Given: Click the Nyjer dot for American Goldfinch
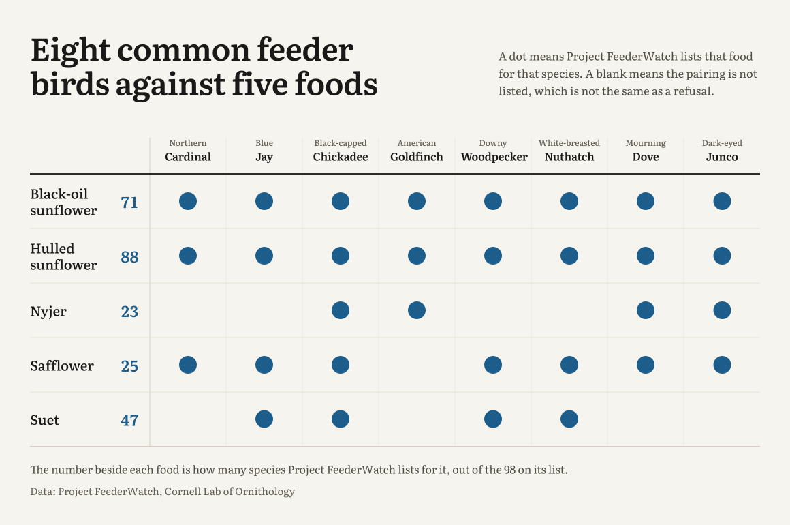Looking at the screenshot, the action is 417,310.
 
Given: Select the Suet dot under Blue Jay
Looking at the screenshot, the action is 264,419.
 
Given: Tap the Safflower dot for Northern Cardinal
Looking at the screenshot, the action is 188,365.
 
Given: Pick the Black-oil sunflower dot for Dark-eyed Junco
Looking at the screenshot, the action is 722,201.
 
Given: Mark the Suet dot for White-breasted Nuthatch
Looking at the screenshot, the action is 569,419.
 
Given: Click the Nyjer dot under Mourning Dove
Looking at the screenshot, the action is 646,310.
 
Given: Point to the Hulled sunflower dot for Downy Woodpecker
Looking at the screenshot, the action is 493,256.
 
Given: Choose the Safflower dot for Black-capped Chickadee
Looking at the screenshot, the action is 341,365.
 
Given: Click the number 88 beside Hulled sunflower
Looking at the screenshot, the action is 129,257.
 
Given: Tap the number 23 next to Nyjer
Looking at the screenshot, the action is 129,312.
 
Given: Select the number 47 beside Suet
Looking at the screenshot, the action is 129,421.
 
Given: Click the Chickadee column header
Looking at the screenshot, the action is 341,157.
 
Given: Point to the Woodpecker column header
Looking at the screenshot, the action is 494,157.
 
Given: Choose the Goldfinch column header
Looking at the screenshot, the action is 417,157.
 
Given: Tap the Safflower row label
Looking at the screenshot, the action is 62,365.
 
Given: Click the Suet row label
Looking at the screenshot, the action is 45,420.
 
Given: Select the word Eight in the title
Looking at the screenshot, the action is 71,51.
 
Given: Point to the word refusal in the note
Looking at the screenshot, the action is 696,91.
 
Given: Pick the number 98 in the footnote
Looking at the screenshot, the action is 509,470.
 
